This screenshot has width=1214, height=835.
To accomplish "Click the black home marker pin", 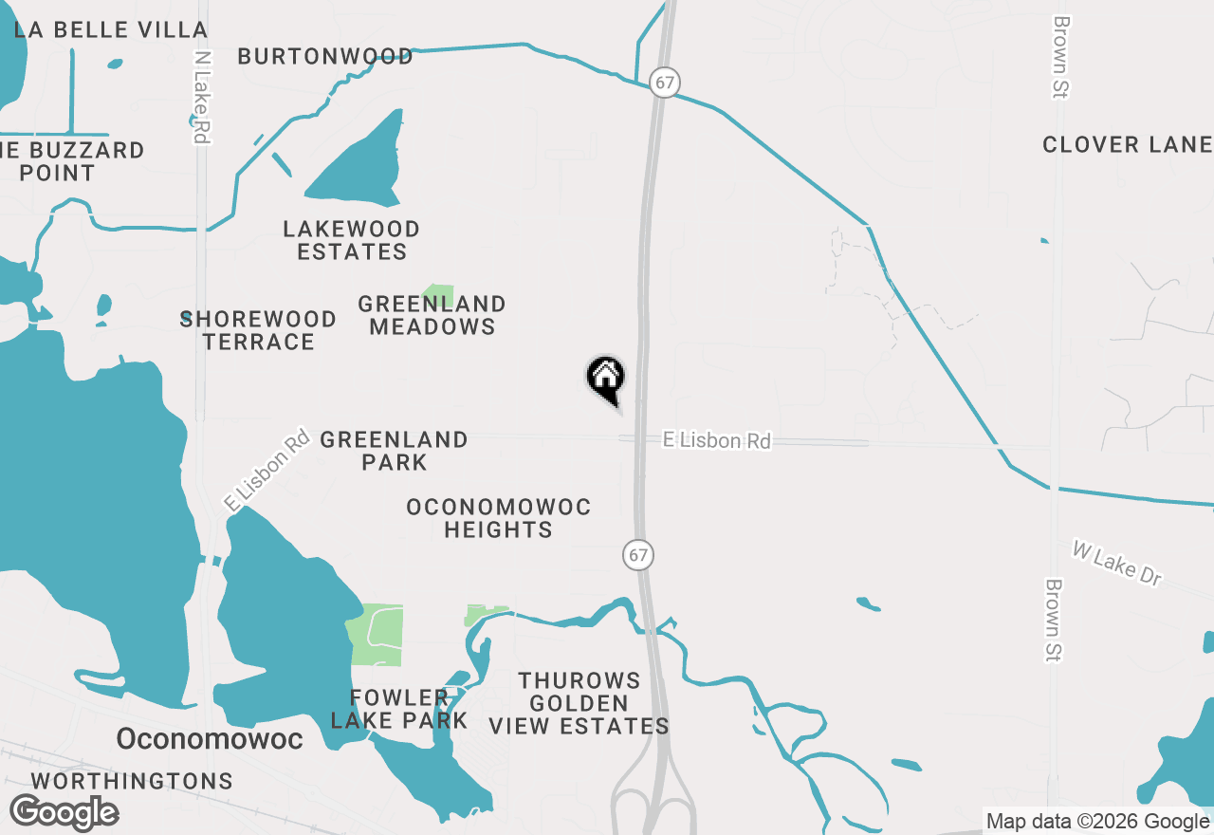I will click(x=605, y=378).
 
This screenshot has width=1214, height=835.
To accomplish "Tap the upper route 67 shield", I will click(x=664, y=83).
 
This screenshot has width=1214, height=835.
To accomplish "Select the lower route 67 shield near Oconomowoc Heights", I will click(x=638, y=554).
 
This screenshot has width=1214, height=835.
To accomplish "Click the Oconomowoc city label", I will click(x=210, y=738).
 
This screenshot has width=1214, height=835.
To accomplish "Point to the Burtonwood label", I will click(x=325, y=57).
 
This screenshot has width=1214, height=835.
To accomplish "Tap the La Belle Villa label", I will click(x=111, y=29).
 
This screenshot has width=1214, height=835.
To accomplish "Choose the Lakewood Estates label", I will click(x=352, y=240).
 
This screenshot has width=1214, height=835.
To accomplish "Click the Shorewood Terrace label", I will click(x=258, y=330).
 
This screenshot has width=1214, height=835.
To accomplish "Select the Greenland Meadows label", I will click(x=432, y=315).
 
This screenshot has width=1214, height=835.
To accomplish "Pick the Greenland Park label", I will click(x=394, y=451).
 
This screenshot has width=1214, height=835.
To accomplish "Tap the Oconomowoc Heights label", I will click(x=498, y=518).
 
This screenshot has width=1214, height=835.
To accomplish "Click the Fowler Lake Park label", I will click(x=399, y=709).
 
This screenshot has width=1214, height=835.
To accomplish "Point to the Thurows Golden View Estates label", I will click(x=579, y=703).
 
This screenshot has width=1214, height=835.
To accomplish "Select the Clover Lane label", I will click(x=1127, y=144).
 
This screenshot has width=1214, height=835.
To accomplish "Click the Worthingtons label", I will click(x=132, y=781).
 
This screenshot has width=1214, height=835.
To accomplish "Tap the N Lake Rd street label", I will click(x=200, y=97).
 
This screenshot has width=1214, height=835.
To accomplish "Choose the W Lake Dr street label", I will click(x=1116, y=563).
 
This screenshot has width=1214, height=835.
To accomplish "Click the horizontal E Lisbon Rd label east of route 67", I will click(x=716, y=440).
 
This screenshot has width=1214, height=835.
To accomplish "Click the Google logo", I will click(x=64, y=812).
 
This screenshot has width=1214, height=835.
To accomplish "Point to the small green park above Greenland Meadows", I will click(x=438, y=293).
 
